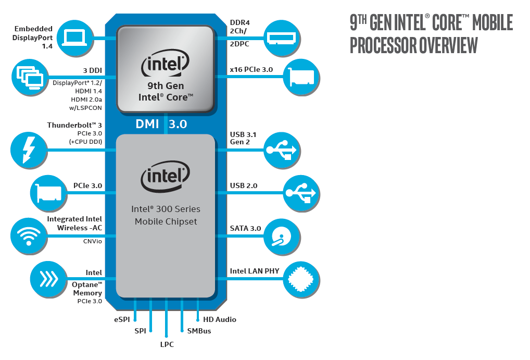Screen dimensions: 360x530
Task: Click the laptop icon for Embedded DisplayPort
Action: [74, 38]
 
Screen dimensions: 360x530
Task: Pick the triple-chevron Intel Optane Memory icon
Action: [48, 279]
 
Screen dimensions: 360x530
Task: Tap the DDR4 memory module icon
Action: [282, 38]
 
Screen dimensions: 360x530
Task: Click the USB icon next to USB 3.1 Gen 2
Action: [282, 150]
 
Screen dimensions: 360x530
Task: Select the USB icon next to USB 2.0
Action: [301, 193]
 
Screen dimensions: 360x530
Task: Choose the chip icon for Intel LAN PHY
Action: [301, 279]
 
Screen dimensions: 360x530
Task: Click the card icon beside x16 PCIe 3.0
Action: [301, 77]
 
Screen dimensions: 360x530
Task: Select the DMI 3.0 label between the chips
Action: [161, 124]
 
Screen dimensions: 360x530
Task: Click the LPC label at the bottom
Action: [167, 344]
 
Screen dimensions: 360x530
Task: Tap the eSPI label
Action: [122, 319]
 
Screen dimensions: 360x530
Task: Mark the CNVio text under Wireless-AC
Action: [92, 241]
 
